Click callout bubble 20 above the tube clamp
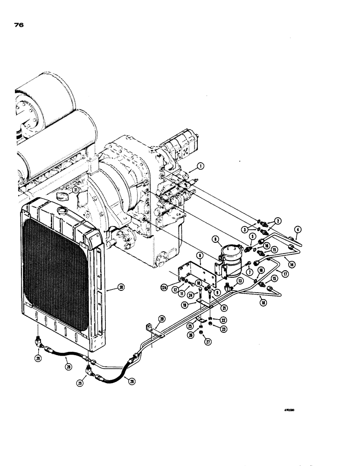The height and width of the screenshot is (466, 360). [162, 319]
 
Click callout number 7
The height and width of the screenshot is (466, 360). [250, 272]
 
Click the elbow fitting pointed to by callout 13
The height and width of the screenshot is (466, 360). [228, 286]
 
